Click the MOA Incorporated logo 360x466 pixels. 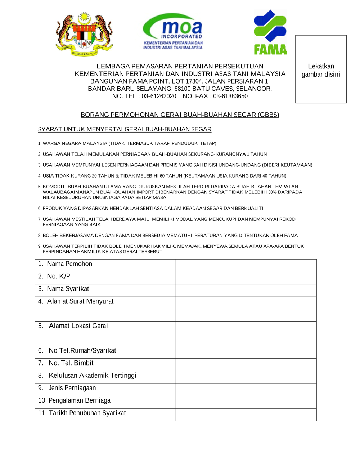pos(173,31)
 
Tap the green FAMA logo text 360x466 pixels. pos(270,49)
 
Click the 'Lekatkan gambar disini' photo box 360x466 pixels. pos(321,69)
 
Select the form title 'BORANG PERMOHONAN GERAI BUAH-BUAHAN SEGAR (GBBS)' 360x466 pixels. pos(180,115)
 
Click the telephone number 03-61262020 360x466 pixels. pos(159,96)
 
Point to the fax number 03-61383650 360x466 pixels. pos(230,96)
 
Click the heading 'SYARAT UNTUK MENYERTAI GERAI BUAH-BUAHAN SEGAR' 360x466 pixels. pos(125,129)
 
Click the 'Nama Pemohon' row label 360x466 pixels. pos(69,264)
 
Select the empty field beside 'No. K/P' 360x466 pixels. pos(246,278)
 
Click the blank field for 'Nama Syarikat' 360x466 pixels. pos(246,291)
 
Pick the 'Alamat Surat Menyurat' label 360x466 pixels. pos(80,301)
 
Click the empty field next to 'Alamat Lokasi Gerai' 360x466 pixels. pos(246,334)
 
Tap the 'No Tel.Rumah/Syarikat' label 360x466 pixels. pos(82,351)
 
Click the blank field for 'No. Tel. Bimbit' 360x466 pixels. pos(246,365)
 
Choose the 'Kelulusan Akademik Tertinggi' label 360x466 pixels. pos(92,376)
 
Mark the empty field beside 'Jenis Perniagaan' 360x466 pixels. pos(246,390)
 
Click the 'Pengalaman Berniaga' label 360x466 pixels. pos(79,400)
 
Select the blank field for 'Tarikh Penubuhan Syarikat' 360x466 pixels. pos(246,415)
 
